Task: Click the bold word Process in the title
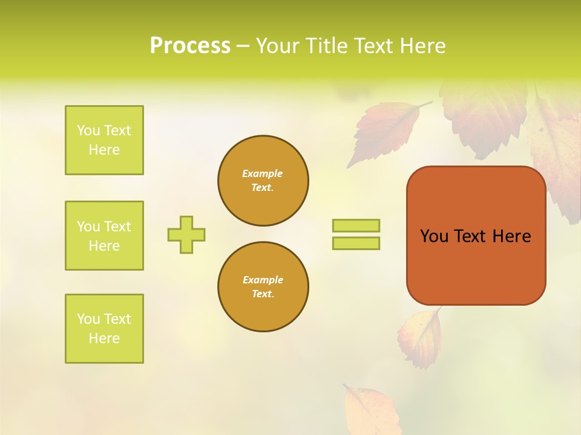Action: click(190, 46)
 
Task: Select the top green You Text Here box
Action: click(104, 140)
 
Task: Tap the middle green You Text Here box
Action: click(104, 236)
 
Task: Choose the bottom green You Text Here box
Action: click(104, 329)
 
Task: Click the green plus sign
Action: click(186, 234)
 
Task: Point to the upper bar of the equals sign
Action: click(356, 225)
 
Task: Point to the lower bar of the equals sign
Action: click(356, 243)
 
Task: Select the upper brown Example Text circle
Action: click(263, 181)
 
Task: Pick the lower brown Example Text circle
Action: click(263, 287)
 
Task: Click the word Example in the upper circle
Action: click(263, 173)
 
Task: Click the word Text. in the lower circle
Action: click(263, 294)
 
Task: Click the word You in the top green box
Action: click(88, 130)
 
